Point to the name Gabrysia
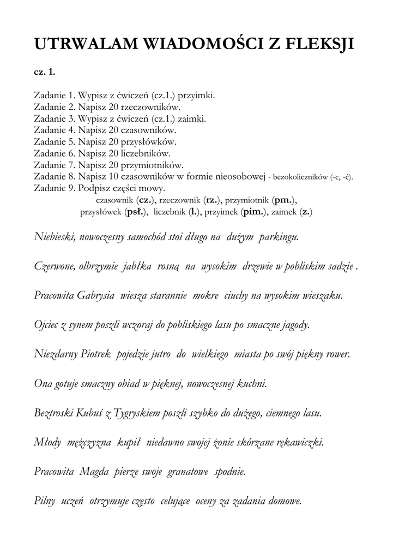pyautogui.click(x=95, y=296)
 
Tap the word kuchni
pyautogui.click(x=251, y=384)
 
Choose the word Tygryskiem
pyautogui.click(x=140, y=413)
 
